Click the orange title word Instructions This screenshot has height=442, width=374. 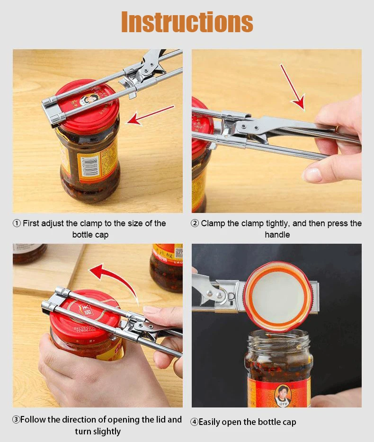[x=187, y=22]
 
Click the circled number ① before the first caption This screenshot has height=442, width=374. [x=17, y=223]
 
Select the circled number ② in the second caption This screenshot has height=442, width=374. [x=195, y=223]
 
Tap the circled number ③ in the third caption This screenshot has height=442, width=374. [x=16, y=420]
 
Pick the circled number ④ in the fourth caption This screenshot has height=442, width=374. [x=194, y=422]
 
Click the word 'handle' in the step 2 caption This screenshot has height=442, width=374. [x=277, y=235]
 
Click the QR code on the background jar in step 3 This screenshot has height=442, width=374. [x=178, y=251]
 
